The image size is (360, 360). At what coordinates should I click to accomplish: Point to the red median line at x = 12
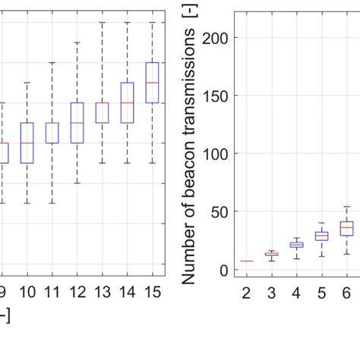pos(77,122)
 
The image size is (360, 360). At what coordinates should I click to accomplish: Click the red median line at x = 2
pos(245,261)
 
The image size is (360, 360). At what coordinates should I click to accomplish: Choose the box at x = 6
pos(346,229)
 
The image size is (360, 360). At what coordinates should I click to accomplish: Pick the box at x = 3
pos(271,254)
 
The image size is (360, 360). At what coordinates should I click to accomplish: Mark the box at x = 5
pos(321,236)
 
